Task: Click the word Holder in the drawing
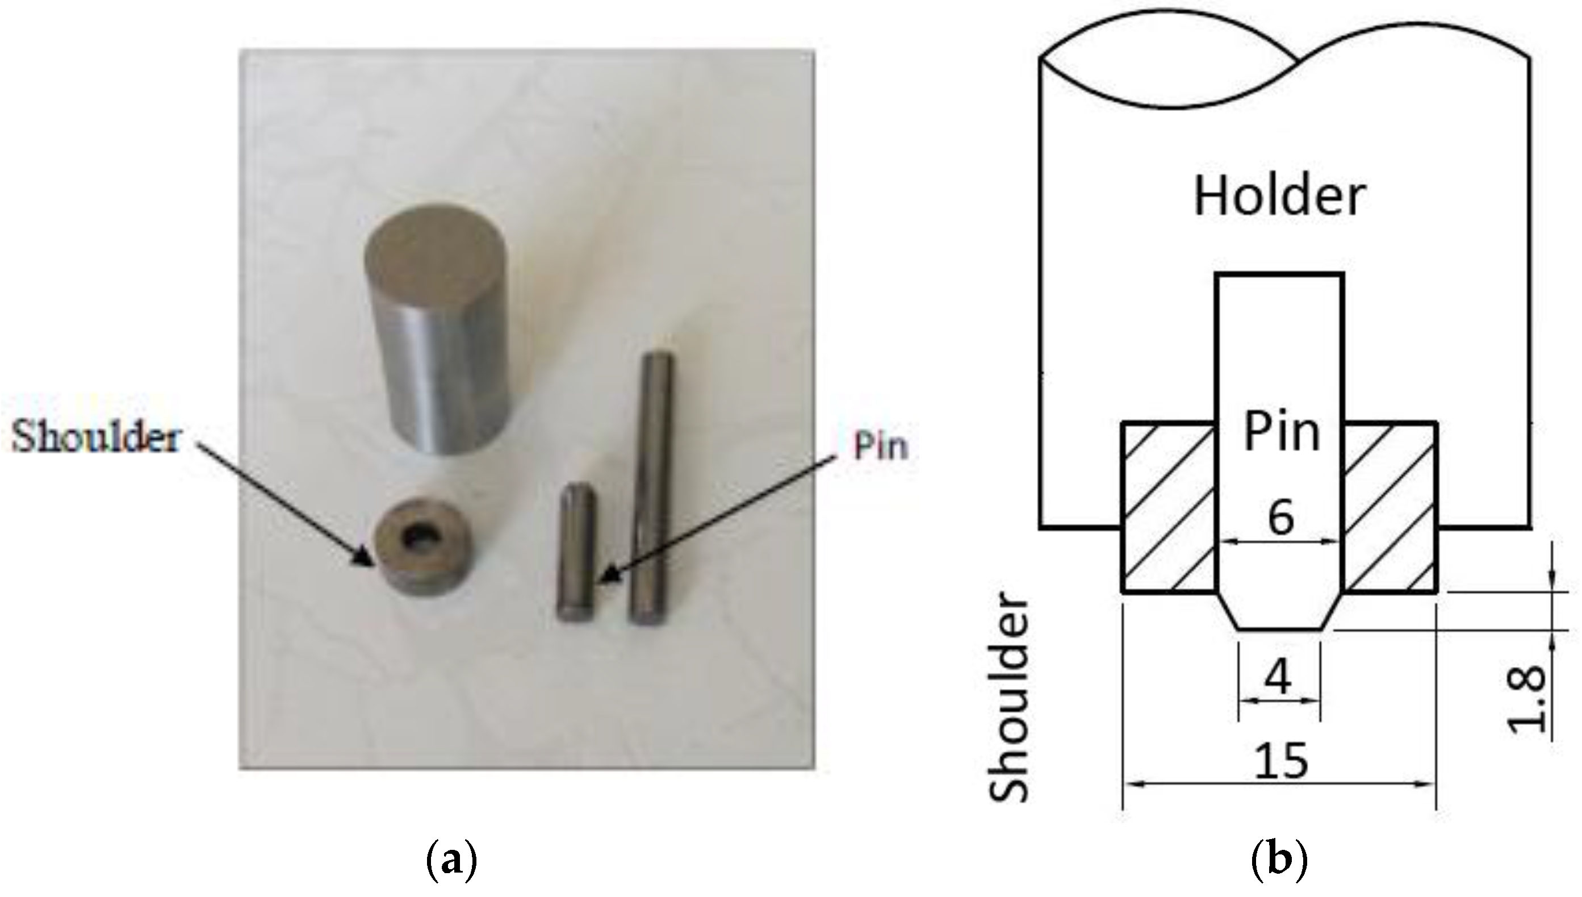pyautogui.click(x=1280, y=197)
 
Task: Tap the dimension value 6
pyautogui.click(x=1281, y=518)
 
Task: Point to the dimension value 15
pyautogui.click(x=1280, y=761)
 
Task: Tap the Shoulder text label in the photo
pyautogui.click(x=95, y=439)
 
